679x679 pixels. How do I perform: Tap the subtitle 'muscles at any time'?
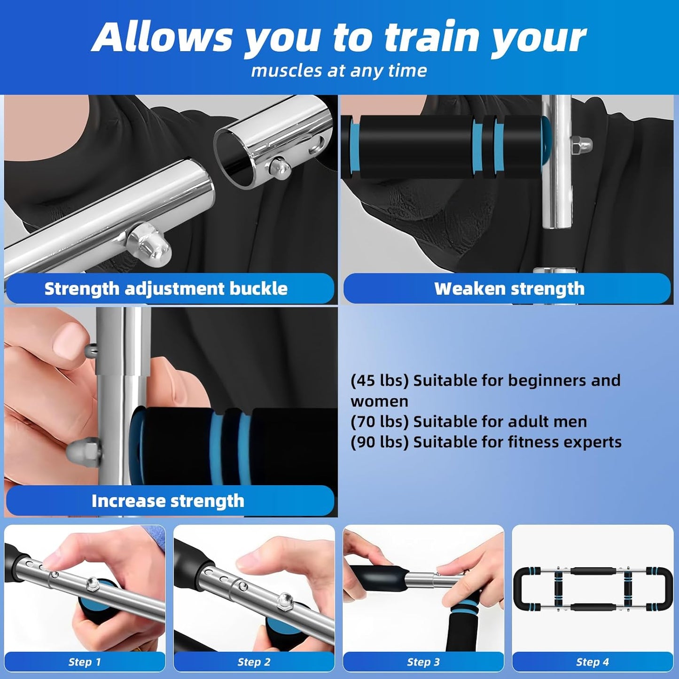pyautogui.click(x=339, y=71)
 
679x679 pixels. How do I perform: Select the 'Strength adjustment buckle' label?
pyautogui.click(x=166, y=289)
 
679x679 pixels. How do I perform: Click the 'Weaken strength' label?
pyautogui.click(x=509, y=289)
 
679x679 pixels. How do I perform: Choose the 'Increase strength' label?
pyautogui.click(x=168, y=501)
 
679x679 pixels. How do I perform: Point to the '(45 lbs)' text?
pyautogui.click(x=380, y=380)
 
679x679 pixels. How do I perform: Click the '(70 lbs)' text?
pyautogui.click(x=380, y=421)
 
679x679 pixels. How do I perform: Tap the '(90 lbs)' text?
pyautogui.click(x=380, y=442)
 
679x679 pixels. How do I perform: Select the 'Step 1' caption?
pyautogui.click(x=85, y=662)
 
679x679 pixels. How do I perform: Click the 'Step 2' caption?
pyautogui.click(x=254, y=662)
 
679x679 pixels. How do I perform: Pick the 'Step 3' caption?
pyautogui.click(x=423, y=662)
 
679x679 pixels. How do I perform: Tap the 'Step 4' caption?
pyautogui.click(x=593, y=662)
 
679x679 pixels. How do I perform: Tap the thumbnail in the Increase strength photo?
pyautogui.click(x=69, y=340)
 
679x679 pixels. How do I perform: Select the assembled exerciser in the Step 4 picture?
pyautogui.click(x=593, y=588)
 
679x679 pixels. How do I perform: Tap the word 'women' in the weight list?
pyautogui.click(x=379, y=401)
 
